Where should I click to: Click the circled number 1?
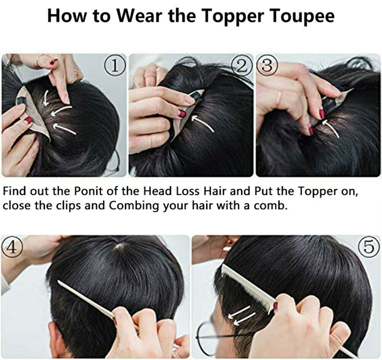115,66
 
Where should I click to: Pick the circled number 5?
369,247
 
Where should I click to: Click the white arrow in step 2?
203,123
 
